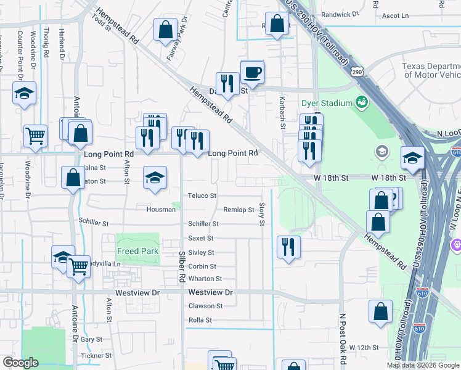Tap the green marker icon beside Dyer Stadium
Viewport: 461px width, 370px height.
click(361, 102)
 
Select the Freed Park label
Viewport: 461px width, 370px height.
click(138, 251)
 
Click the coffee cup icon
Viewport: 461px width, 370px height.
click(252, 73)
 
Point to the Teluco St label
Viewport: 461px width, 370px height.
click(202, 195)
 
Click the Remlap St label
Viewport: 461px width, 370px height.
click(239, 210)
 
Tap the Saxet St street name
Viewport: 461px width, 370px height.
click(201, 238)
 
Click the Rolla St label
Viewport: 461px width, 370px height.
click(200, 320)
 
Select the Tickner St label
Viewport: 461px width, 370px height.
click(96, 355)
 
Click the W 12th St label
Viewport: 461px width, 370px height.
click(364, 348)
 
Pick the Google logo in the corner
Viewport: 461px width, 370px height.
click(20, 363)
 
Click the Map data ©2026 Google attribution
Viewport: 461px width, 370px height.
click(423, 365)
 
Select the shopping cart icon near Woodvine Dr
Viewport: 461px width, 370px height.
click(36, 135)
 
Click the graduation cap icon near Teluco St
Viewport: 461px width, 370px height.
click(155, 178)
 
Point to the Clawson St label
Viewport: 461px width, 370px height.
click(205, 306)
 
